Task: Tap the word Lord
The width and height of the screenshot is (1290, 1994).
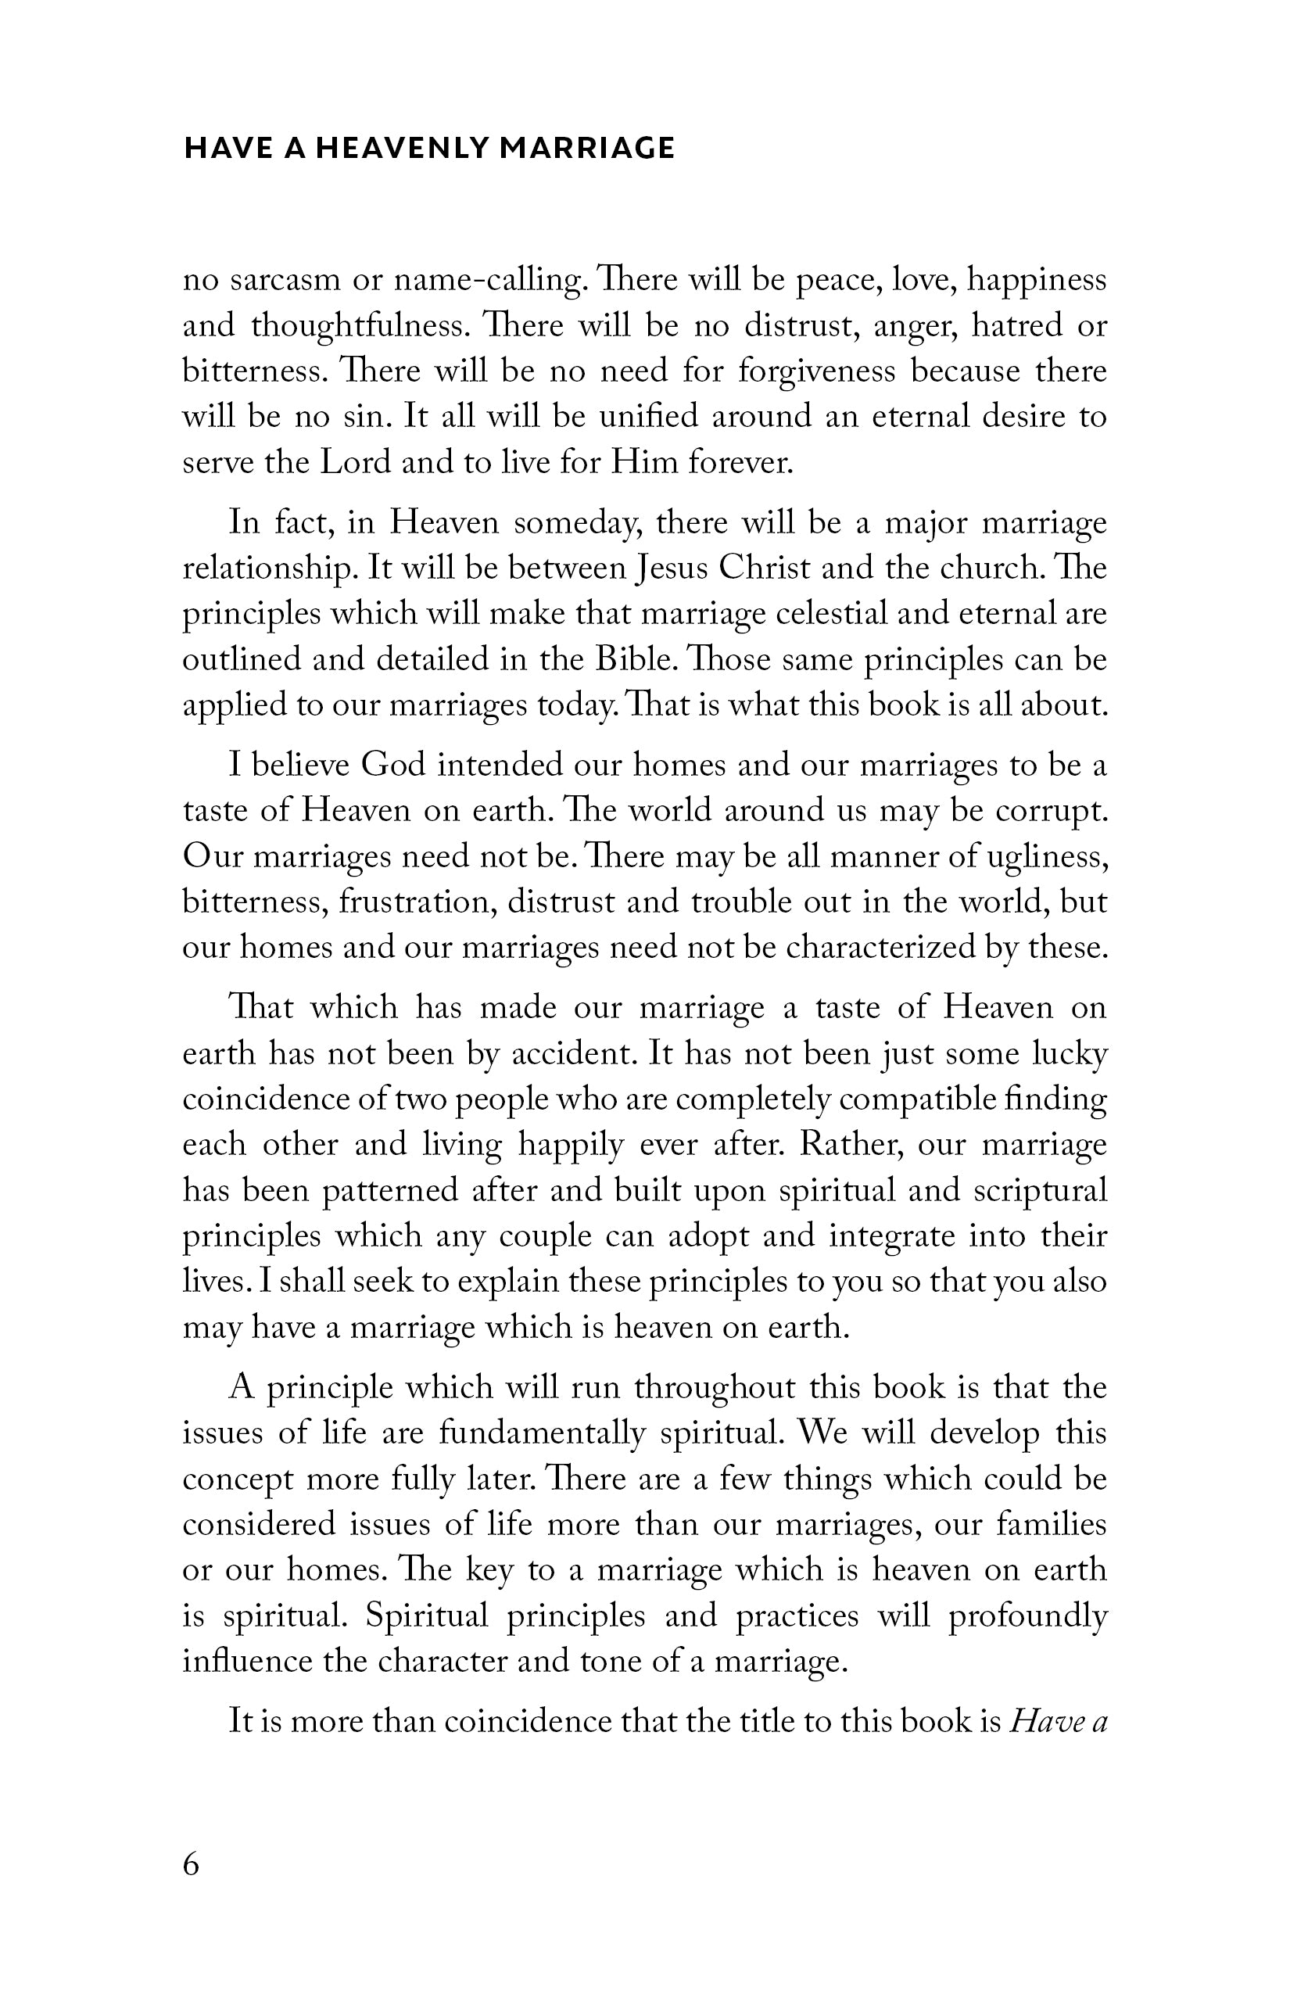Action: click(355, 462)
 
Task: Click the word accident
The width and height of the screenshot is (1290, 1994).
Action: click(571, 1053)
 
